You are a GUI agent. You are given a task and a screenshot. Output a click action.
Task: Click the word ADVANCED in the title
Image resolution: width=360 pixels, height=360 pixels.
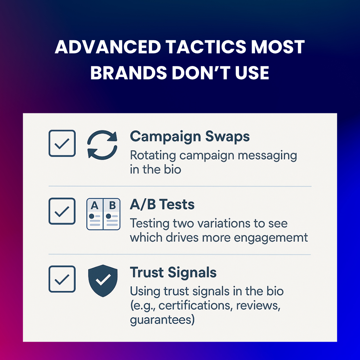(x=108, y=47)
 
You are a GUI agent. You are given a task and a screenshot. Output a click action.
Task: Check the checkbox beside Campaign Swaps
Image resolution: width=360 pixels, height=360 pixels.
(x=62, y=143)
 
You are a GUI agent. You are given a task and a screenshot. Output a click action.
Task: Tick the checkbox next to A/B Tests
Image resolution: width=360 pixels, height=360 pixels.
(x=62, y=211)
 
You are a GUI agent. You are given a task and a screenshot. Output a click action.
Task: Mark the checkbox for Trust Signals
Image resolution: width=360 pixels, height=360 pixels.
(x=62, y=279)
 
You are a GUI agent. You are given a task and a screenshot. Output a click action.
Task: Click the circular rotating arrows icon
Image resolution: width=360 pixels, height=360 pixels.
(x=102, y=144)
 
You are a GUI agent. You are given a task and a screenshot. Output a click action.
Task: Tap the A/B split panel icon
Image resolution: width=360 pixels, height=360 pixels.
(x=103, y=214)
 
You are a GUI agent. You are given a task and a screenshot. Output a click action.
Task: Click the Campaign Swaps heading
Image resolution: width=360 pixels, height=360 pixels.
(x=190, y=136)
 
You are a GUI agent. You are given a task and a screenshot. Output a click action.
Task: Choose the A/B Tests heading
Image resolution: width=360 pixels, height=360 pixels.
(x=162, y=204)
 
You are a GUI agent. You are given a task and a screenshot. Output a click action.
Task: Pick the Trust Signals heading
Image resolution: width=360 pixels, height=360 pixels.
(x=173, y=272)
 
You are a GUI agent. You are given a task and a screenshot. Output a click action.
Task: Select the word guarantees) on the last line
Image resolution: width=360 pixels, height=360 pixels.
(x=162, y=320)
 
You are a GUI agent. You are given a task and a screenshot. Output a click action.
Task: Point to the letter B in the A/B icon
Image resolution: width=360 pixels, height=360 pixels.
(x=112, y=206)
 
